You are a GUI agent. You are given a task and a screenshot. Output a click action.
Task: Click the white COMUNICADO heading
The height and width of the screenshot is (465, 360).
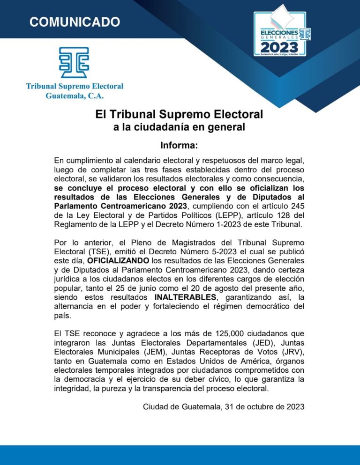(75, 22)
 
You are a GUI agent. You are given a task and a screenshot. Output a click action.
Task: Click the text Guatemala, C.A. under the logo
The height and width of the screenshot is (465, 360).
(75, 96)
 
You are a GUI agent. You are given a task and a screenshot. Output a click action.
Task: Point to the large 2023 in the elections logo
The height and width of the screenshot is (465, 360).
(279, 47)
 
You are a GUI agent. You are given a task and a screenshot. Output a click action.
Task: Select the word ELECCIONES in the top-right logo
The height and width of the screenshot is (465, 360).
(279, 32)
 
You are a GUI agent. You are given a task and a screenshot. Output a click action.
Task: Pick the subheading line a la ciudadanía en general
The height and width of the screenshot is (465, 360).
(180, 127)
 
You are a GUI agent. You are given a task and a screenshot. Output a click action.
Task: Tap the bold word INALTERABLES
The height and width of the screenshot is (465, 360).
(185, 297)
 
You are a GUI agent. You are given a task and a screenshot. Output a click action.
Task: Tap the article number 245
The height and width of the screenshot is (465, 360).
(296, 207)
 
